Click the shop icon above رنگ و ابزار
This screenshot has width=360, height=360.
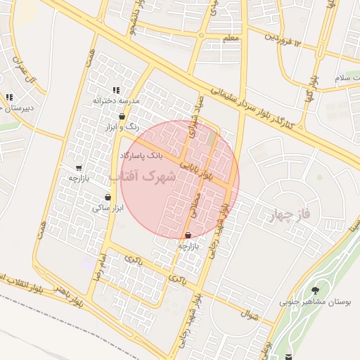(123, 117)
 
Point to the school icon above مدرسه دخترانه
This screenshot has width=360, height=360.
(116, 90)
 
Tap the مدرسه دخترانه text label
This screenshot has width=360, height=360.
(117, 101)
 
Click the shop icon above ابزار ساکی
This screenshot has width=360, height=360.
(108, 198)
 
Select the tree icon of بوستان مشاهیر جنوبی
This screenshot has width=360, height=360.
(314, 290)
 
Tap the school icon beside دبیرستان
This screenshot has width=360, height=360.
(9, 97)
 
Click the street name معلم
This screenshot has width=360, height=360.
(230, 37)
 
